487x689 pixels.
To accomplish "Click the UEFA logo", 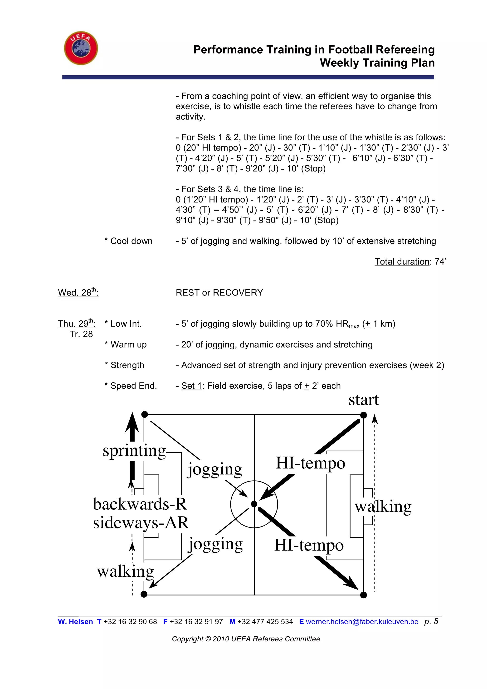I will (81, 48).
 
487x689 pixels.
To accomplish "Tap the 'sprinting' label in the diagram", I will (134, 451).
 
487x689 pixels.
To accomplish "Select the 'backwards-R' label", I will (140, 504).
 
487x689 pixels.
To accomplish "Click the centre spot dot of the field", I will (254, 504).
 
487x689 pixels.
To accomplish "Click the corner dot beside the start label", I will (363, 415).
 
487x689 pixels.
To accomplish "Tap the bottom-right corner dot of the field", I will (363, 595).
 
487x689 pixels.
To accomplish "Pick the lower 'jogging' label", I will (215, 544).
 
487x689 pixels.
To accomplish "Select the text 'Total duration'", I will (402, 262).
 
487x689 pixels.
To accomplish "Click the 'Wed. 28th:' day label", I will (78, 292).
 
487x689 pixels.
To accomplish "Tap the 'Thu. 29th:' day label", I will (77, 324).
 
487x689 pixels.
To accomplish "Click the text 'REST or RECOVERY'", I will (219, 293).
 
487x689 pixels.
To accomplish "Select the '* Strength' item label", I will (124, 365).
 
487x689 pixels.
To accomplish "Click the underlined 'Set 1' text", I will (191, 386).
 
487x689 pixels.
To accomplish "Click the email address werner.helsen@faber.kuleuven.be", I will (362, 621).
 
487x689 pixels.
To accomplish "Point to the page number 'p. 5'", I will (431, 621).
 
